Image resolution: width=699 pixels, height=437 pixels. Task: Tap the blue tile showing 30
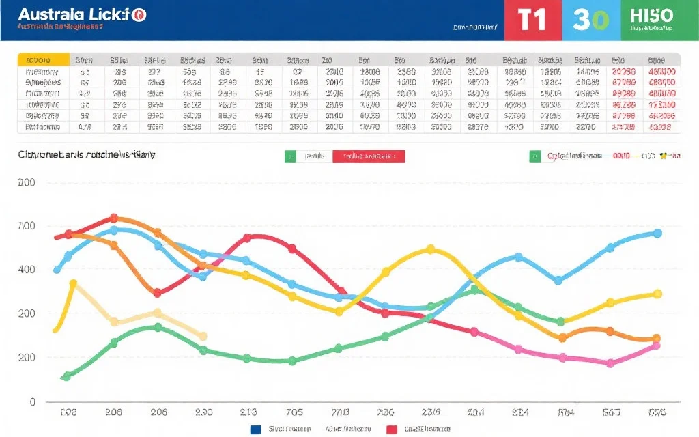point(591,20)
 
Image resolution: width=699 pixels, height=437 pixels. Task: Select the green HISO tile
point(652,20)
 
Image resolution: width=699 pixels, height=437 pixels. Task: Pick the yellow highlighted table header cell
point(43,59)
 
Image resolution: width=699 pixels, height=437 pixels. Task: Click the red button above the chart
point(369,156)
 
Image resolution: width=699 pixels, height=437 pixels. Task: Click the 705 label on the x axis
point(294,412)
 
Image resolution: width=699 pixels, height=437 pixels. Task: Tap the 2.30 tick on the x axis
point(203,412)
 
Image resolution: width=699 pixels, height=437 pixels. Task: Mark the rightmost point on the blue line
point(657,234)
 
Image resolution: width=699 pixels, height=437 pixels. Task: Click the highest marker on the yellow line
point(430,249)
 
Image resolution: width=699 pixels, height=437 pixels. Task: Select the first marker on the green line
point(67,376)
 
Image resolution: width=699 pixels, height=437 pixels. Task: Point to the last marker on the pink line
point(656,346)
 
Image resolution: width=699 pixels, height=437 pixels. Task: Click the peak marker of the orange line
point(114,218)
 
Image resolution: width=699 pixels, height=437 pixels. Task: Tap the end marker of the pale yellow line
point(203,336)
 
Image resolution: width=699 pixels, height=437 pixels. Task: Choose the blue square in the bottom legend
point(256,429)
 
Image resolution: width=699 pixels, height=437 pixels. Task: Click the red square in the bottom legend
point(392,429)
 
